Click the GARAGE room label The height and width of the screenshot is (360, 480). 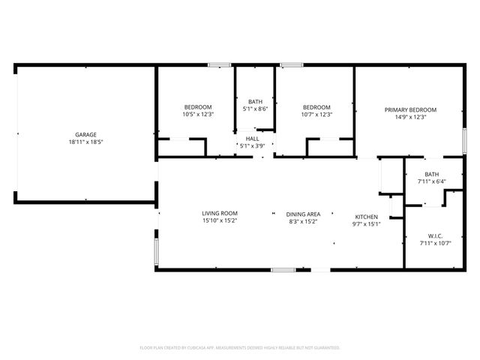point(85,135)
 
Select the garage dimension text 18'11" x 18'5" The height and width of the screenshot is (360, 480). point(85,142)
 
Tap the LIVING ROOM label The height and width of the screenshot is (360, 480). point(219,214)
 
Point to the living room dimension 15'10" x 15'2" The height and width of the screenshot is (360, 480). point(219,221)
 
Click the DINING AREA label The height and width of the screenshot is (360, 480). point(303,214)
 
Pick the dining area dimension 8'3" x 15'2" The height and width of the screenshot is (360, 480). point(303,221)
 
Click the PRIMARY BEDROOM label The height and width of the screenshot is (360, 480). point(410,109)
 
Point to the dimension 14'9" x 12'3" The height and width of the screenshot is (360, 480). point(410,116)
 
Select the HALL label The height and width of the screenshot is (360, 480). point(253,139)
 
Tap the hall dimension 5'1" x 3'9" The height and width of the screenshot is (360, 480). point(253,145)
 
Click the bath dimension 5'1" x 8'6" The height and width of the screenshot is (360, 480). point(255,109)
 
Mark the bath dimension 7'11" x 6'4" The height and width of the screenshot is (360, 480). point(431,181)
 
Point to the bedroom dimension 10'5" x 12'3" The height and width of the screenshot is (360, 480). point(198,115)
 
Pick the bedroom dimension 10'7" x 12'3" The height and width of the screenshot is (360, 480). point(317,115)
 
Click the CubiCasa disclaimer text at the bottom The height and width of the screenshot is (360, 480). point(240,348)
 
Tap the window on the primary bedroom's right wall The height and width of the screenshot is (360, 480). point(464,143)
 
